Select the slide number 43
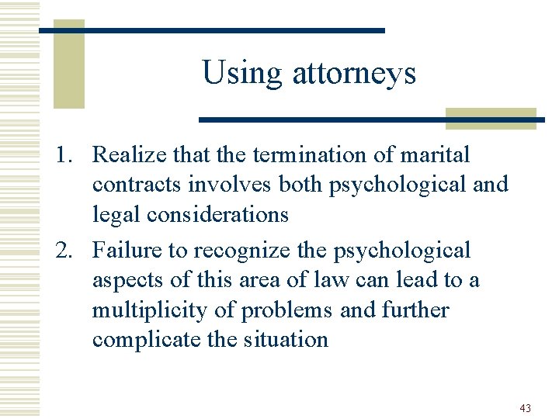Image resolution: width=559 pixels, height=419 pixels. tap(526, 408)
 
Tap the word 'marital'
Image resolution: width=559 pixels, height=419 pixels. tap(435, 154)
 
